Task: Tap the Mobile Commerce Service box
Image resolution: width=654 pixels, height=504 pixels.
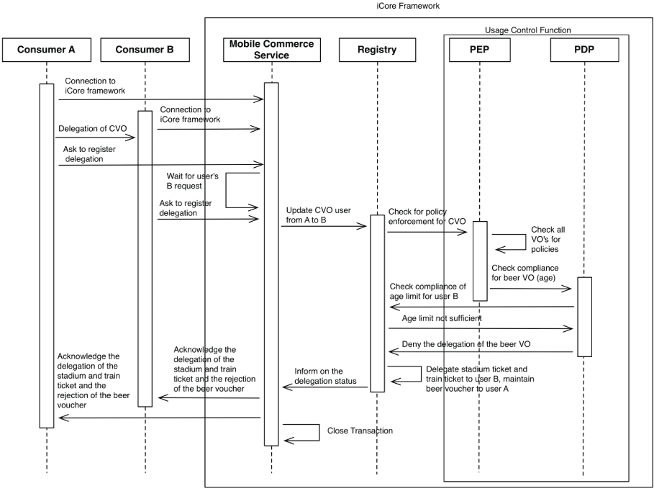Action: [x=271, y=50]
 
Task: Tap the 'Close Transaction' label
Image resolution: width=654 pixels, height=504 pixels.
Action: [x=360, y=431]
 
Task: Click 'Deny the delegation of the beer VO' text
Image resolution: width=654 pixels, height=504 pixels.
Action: [x=466, y=345]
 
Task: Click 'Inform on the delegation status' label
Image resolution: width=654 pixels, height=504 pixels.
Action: [x=325, y=376]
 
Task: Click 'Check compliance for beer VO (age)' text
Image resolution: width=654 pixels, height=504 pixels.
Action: [x=524, y=273]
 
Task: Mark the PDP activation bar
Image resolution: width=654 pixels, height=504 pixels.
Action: [x=583, y=317]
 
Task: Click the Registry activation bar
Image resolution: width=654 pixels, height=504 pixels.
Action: [x=377, y=302]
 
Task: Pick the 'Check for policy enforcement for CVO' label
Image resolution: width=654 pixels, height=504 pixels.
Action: [x=427, y=216]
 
